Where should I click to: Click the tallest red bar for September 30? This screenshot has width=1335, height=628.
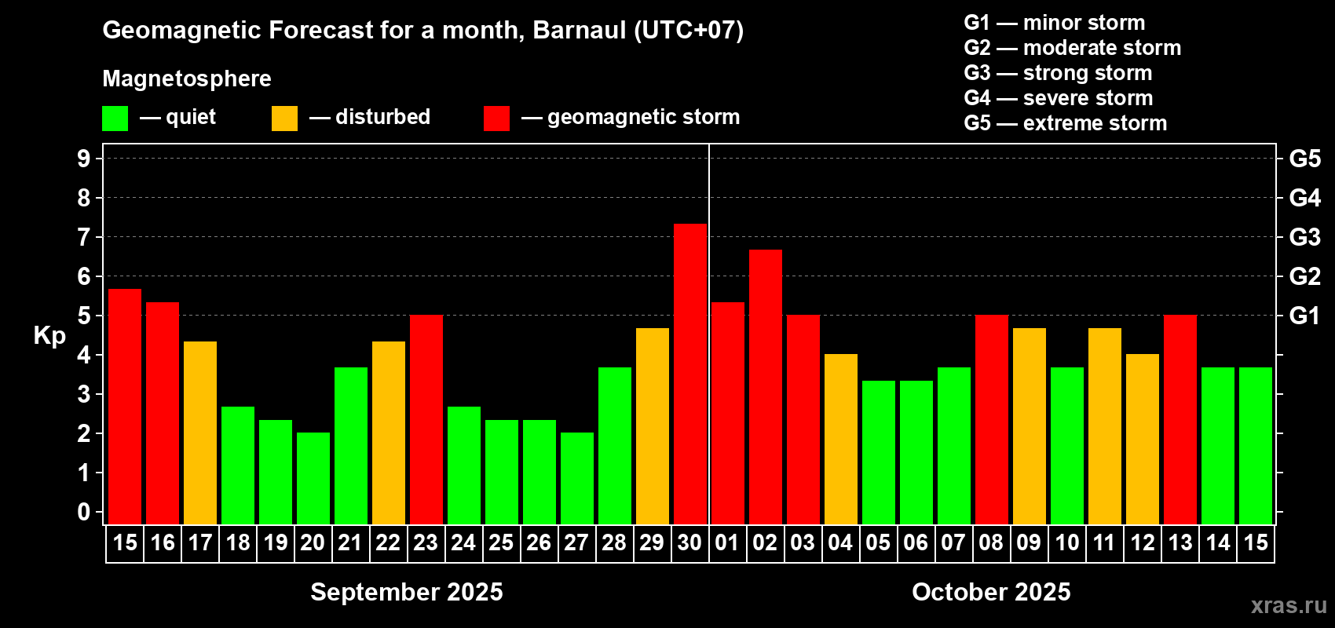tap(690, 374)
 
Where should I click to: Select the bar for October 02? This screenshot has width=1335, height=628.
tap(765, 387)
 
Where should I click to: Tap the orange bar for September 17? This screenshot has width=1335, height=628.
tap(200, 433)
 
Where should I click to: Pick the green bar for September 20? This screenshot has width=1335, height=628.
tap(313, 478)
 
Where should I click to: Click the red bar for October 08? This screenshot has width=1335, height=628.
tap(992, 419)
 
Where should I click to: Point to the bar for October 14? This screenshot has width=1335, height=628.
tap(1218, 446)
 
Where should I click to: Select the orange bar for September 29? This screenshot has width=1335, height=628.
tap(653, 426)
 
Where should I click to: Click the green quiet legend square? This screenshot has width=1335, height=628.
tap(115, 118)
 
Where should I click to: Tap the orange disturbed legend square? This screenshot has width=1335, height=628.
tap(284, 118)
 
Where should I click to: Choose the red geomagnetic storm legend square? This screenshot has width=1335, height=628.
tap(496, 118)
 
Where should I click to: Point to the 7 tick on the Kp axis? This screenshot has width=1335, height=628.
tap(83, 237)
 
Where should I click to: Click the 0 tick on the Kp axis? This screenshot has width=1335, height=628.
tap(83, 512)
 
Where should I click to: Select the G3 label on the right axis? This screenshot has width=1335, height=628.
tap(1305, 237)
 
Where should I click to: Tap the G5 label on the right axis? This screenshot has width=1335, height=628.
tap(1305, 159)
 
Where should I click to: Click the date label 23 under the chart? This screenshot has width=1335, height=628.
tap(426, 542)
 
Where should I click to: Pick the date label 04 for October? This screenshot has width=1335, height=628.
tap(840, 542)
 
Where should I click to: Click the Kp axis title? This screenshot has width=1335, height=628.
tap(49, 335)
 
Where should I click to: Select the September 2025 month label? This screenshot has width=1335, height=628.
tap(407, 592)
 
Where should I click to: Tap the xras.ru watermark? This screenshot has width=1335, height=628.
tap(1289, 605)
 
